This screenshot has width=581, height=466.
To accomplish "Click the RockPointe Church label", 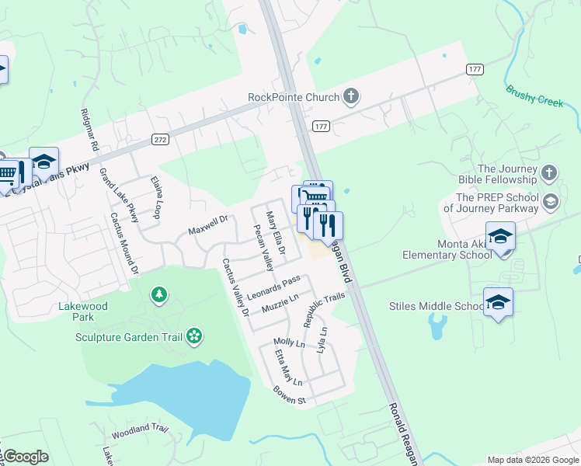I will point(294,97).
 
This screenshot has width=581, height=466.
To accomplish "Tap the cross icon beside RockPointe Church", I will point(351,97).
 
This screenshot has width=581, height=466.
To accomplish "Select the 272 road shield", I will point(160,140).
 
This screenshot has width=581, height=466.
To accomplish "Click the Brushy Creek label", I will point(534,96).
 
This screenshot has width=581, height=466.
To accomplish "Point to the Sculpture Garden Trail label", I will point(128,336).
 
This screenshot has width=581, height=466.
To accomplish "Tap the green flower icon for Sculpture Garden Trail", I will point(195,336).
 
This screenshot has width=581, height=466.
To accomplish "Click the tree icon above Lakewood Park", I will point(159,294).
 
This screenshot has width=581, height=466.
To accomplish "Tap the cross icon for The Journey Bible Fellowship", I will point(549,173).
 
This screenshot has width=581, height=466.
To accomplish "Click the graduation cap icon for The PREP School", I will point(551,202).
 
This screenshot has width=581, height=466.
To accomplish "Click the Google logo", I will point(25,457).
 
